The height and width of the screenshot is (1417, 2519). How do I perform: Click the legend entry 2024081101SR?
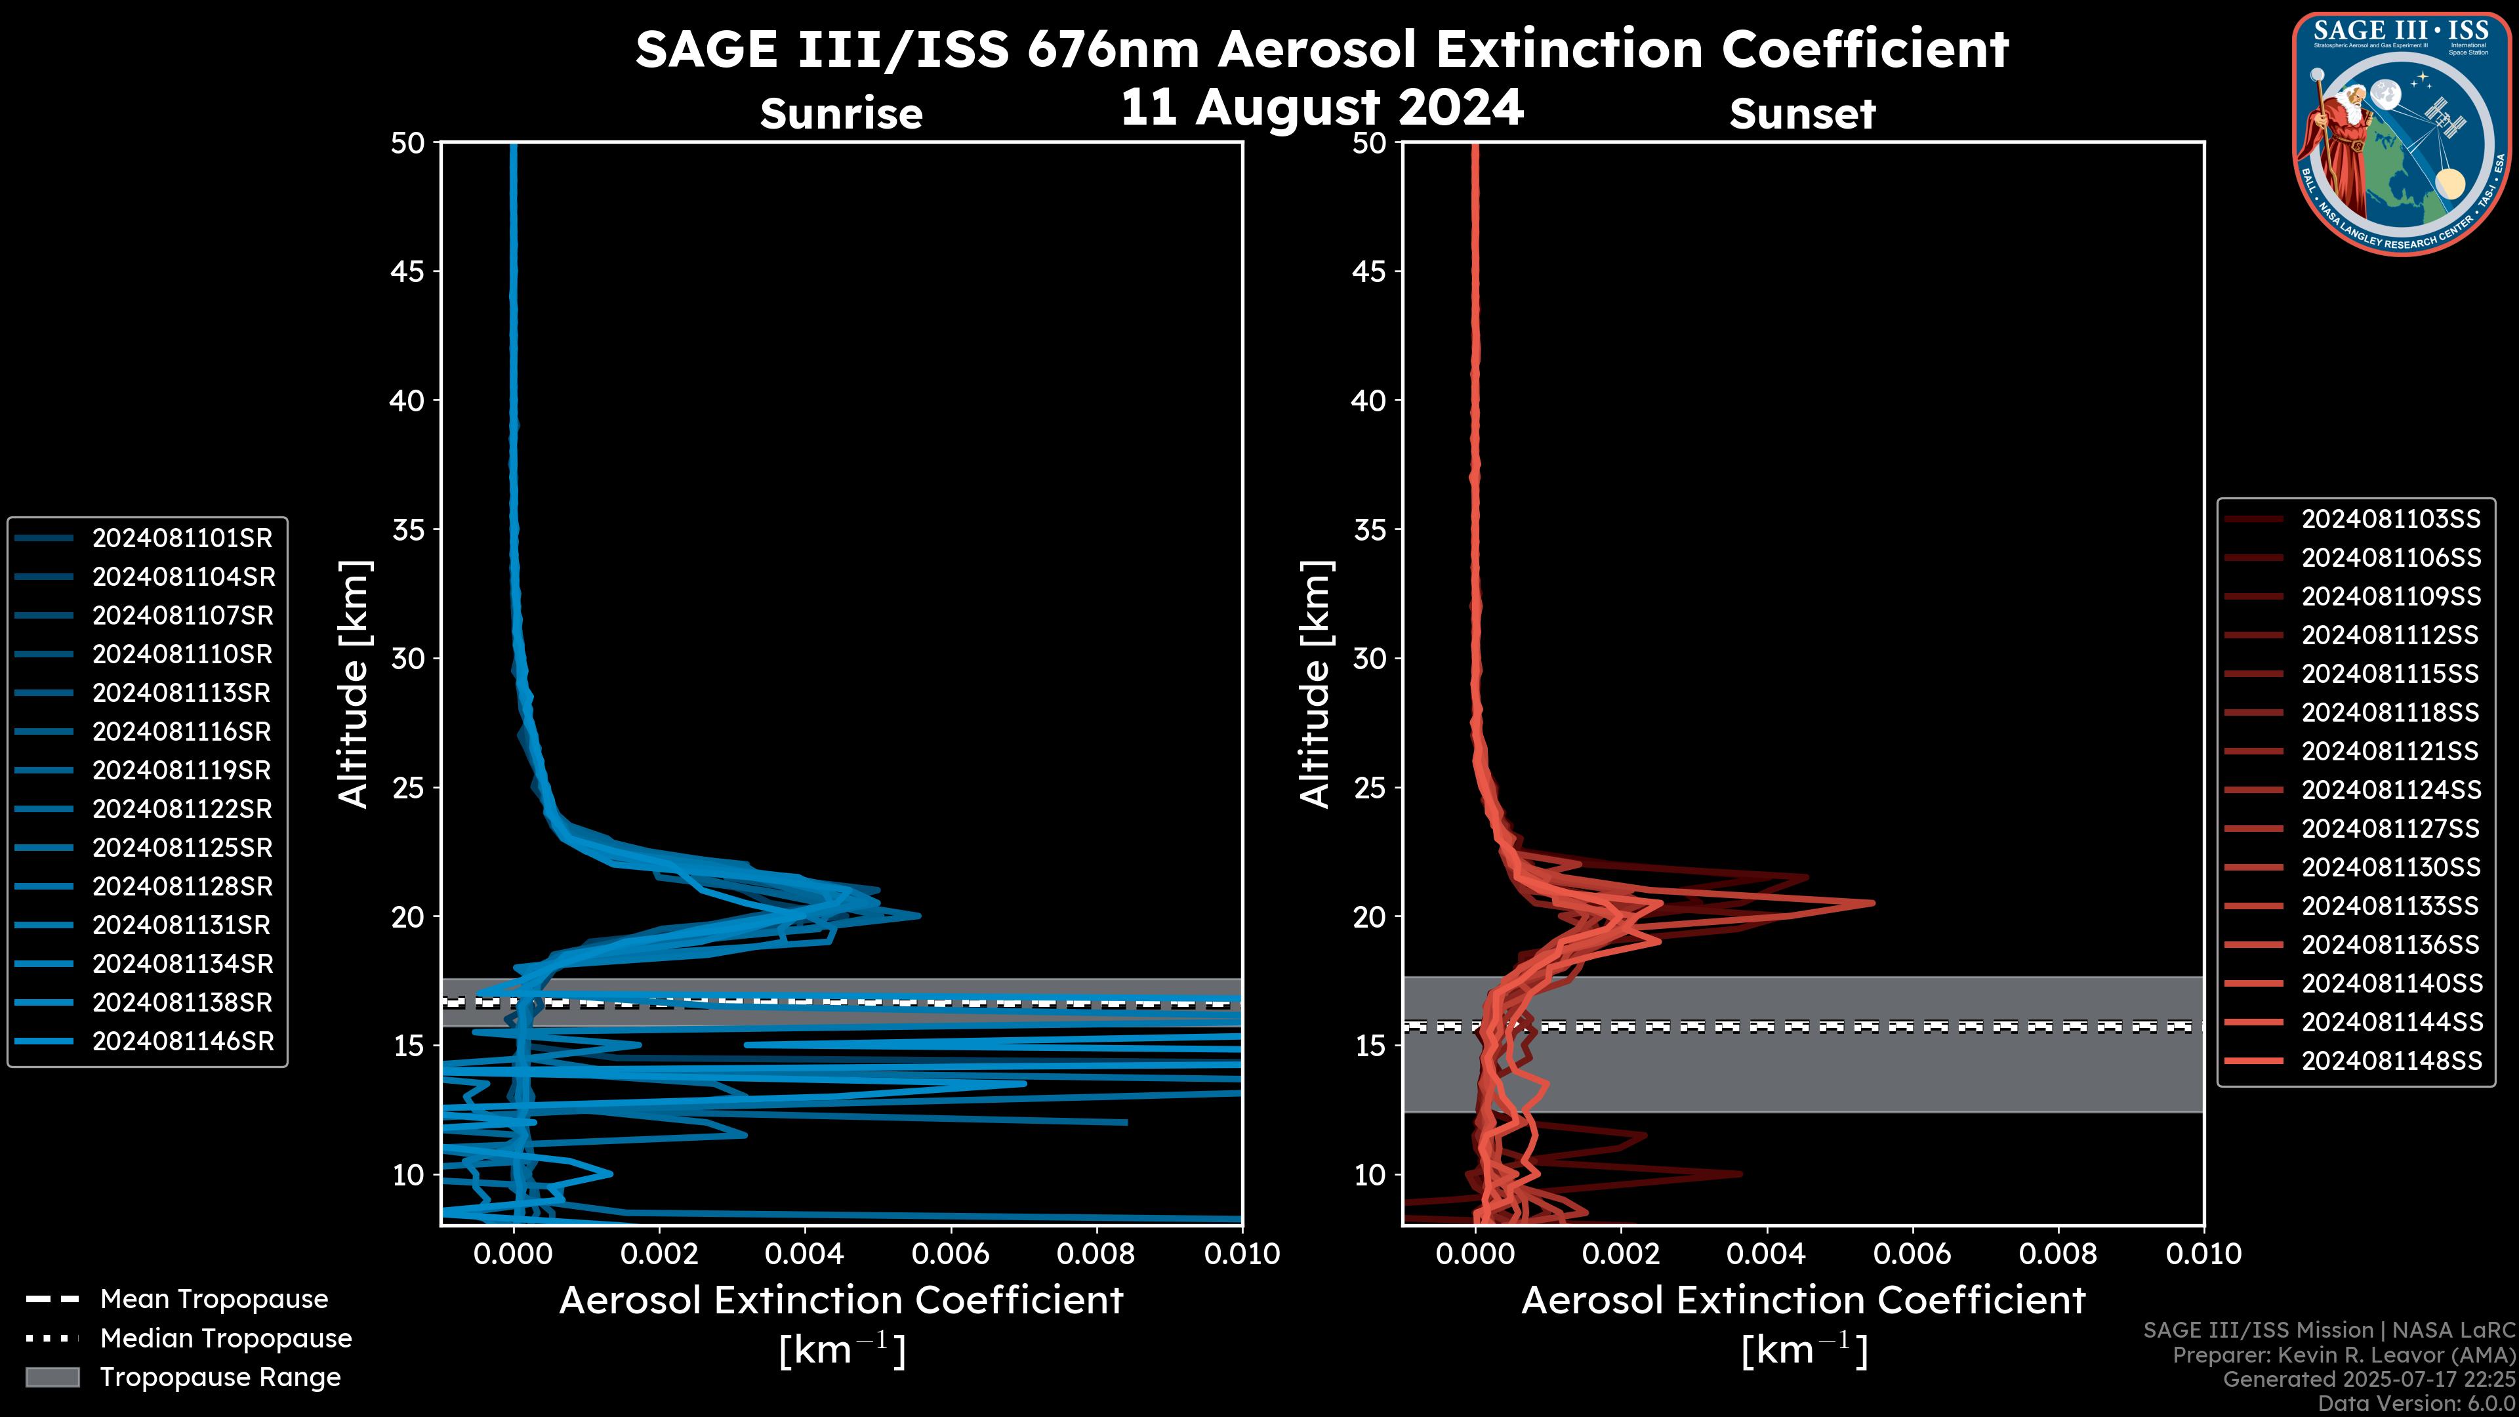pyautogui.click(x=182, y=538)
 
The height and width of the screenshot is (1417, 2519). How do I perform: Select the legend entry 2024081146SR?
pyautogui.click(x=182, y=1042)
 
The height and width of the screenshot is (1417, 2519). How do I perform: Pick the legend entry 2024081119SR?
pyautogui.click(x=182, y=771)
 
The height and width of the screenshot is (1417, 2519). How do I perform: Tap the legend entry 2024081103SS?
pyautogui.click(x=2390, y=520)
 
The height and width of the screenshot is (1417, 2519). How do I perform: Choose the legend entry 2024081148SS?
pyautogui.click(x=2390, y=1061)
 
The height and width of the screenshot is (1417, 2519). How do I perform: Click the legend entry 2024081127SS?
pyautogui.click(x=2390, y=829)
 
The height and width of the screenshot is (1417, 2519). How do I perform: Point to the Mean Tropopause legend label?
pyautogui.click(x=214, y=1300)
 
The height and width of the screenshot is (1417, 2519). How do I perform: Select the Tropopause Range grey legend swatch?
pyautogui.click(x=52, y=1377)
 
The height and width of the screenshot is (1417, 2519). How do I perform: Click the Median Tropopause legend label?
pyautogui.click(x=226, y=1339)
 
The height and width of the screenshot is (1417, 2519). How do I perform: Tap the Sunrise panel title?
pyautogui.click(x=841, y=114)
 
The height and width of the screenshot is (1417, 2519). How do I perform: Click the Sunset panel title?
pyautogui.click(x=1802, y=114)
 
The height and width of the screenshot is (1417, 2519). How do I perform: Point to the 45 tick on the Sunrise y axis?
pyautogui.click(x=408, y=272)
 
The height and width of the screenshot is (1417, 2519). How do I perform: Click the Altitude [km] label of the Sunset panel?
pyautogui.click(x=1315, y=684)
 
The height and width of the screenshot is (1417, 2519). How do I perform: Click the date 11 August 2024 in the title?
pyautogui.click(x=1321, y=108)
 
